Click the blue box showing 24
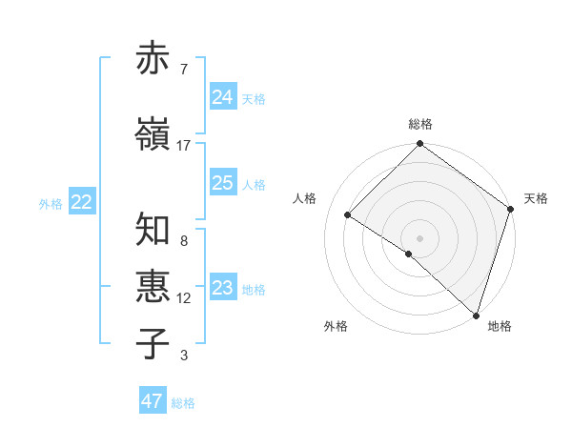[222, 96]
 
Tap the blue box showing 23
[222, 287]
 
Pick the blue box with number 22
[81, 201]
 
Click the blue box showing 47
[152, 401]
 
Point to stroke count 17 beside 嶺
[184, 145]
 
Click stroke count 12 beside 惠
[184, 297]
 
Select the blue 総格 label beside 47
[183, 403]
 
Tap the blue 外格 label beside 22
[51, 203]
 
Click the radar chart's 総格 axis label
[420, 124]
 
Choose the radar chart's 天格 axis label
[536, 198]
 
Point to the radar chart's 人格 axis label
[305, 198]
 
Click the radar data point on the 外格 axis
[409, 254]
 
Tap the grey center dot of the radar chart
[420, 237]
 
